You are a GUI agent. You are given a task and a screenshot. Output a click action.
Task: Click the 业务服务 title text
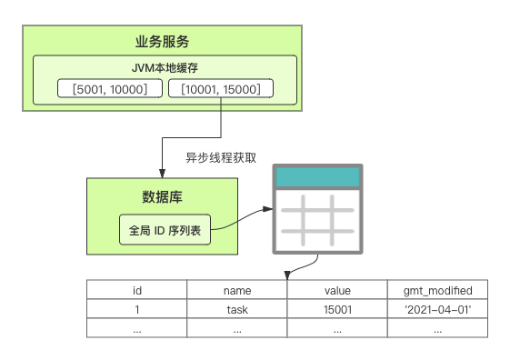click(162, 42)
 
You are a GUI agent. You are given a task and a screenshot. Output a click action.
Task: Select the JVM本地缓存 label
click(165, 68)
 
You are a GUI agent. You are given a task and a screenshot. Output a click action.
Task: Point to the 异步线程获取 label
click(221, 157)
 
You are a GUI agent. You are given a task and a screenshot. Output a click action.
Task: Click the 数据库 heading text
click(162, 197)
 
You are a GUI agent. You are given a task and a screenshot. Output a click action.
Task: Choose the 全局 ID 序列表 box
click(165, 230)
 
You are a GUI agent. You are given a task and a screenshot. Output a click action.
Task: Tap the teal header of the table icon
click(317, 177)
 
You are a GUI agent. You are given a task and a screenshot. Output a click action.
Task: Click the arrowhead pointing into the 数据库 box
click(162, 174)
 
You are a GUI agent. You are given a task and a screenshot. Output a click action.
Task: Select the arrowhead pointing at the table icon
click(267, 209)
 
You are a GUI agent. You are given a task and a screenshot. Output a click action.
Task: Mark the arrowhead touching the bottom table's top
click(287, 275)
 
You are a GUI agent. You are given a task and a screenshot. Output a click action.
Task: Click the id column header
click(137, 290)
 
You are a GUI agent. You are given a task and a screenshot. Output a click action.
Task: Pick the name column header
click(237, 290)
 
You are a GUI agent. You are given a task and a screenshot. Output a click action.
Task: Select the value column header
click(337, 290)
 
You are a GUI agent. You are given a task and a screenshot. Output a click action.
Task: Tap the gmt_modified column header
click(437, 290)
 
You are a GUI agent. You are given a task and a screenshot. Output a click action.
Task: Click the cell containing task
click(237, 309)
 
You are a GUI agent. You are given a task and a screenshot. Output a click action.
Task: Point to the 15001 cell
click(337, 309)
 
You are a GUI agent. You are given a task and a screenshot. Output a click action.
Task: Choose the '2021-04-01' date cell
click(437, 309)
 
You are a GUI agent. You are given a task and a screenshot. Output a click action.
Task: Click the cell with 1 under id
click(137, 309)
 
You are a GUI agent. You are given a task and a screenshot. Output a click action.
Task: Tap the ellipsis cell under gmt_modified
click(437, 328)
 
